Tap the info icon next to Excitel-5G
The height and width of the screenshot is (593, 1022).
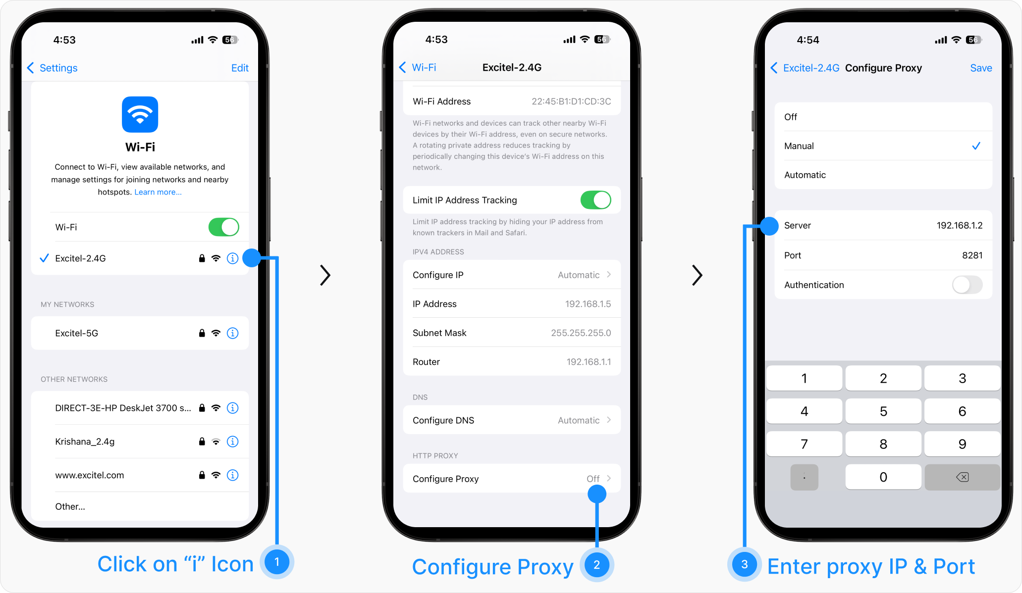[x=232, y=333]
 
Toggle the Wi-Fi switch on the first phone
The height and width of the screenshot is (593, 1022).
[x=223, y=227]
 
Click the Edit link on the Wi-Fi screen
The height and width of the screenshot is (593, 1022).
[x=240, y=68]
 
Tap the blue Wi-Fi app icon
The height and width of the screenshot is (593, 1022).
[x=140, y=114]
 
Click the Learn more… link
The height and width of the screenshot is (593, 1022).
[x=158, y=192]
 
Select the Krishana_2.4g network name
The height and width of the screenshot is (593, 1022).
[x=85, y=442]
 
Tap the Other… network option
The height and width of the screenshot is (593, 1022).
[x=70, y=506]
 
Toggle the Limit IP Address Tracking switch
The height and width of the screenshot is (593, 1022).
[x=595, y=200]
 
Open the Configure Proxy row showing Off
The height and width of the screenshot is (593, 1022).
[x=512, y=479]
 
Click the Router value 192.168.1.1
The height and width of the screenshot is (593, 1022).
[x=589, y=362]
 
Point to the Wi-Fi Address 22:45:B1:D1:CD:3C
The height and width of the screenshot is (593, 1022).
[x=571, y=101]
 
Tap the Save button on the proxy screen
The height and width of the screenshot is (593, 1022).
[x=981, y=68]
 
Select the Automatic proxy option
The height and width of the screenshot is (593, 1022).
[x=805, y=175]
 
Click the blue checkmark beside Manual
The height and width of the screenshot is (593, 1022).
[x=976, y=146]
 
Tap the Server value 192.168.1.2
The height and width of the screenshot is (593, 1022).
[x=960, y=226]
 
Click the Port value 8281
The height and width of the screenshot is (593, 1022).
[x=972, y=255]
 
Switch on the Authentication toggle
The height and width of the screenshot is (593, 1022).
[x=967, y=285]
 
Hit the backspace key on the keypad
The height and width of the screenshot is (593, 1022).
[x=962, y=477]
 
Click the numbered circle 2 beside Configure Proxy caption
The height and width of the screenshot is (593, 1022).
[x=596, y=565]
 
